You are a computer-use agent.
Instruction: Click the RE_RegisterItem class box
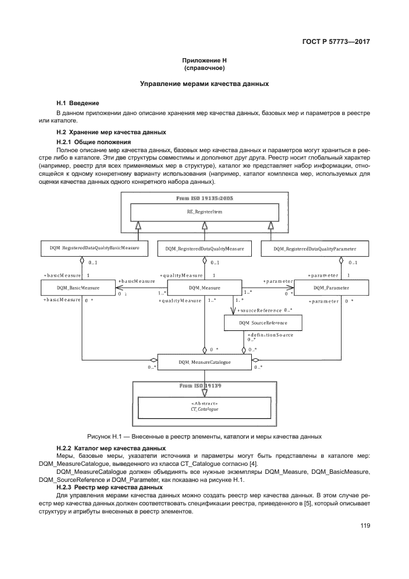(x=204, y=213)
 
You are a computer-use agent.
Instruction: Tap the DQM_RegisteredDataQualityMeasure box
(x=205, y=248)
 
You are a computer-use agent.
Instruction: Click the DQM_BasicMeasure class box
(x=78, y=288)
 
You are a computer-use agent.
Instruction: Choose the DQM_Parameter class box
(x=331, y=288)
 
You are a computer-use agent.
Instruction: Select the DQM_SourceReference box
(x=263, y=323)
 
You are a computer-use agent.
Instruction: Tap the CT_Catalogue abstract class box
(x=204, y=406)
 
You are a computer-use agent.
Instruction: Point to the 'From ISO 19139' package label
(x=204, y=385)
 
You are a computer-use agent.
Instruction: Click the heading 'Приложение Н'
(x=204, y=61)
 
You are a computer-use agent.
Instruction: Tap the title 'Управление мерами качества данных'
(x=204, y=84)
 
